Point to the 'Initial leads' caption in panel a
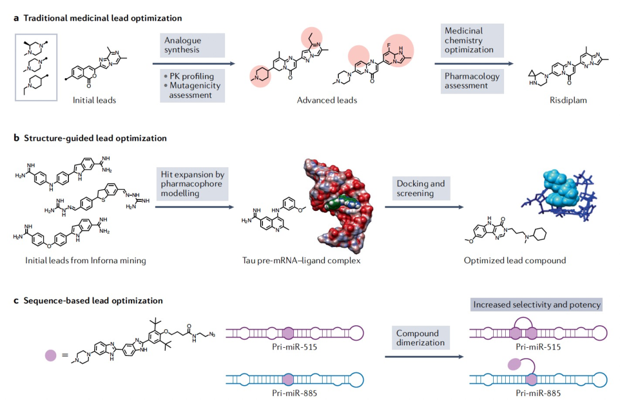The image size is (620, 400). (x=95, y=100)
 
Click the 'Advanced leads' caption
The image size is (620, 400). (x=327, y=100)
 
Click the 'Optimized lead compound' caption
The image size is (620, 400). (x=515, y=260)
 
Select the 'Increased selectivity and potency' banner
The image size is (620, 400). (x=537, y=305)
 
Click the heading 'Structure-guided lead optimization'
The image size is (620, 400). (x=95, y=139)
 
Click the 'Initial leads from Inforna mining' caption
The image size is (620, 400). (x=86, y=260)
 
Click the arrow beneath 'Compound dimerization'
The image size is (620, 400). (x=424, y=357)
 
